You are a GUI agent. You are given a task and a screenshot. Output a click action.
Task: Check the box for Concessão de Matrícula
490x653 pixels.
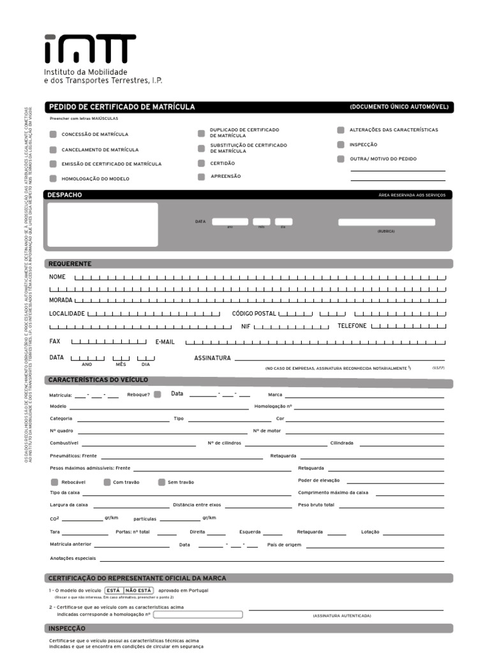54,135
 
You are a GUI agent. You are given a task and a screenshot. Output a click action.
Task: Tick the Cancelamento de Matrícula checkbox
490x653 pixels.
54,150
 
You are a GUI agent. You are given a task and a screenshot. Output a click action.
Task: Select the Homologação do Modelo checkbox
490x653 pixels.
54,179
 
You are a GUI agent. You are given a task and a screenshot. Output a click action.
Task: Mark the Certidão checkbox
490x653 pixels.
201,163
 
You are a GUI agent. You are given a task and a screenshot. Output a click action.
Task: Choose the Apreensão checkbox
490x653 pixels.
201,177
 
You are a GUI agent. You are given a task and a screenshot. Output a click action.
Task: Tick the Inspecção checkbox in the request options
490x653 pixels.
341,145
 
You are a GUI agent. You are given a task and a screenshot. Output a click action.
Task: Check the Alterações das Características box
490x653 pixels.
341,130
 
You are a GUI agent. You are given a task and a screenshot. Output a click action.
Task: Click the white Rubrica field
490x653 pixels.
387,222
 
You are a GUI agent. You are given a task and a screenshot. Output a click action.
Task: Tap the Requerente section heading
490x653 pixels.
70,264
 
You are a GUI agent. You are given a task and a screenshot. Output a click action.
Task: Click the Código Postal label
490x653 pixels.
254,314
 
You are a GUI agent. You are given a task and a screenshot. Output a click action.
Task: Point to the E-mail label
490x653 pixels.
165,342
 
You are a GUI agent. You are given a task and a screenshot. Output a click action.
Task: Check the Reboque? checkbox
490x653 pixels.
158,394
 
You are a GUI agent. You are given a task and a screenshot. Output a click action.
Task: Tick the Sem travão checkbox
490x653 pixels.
162,482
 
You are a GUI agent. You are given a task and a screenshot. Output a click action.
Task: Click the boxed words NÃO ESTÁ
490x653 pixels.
138,591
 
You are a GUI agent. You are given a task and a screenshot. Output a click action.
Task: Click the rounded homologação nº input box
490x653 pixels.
198,615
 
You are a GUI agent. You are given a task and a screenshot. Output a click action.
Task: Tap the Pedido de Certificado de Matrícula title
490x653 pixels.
122,107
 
